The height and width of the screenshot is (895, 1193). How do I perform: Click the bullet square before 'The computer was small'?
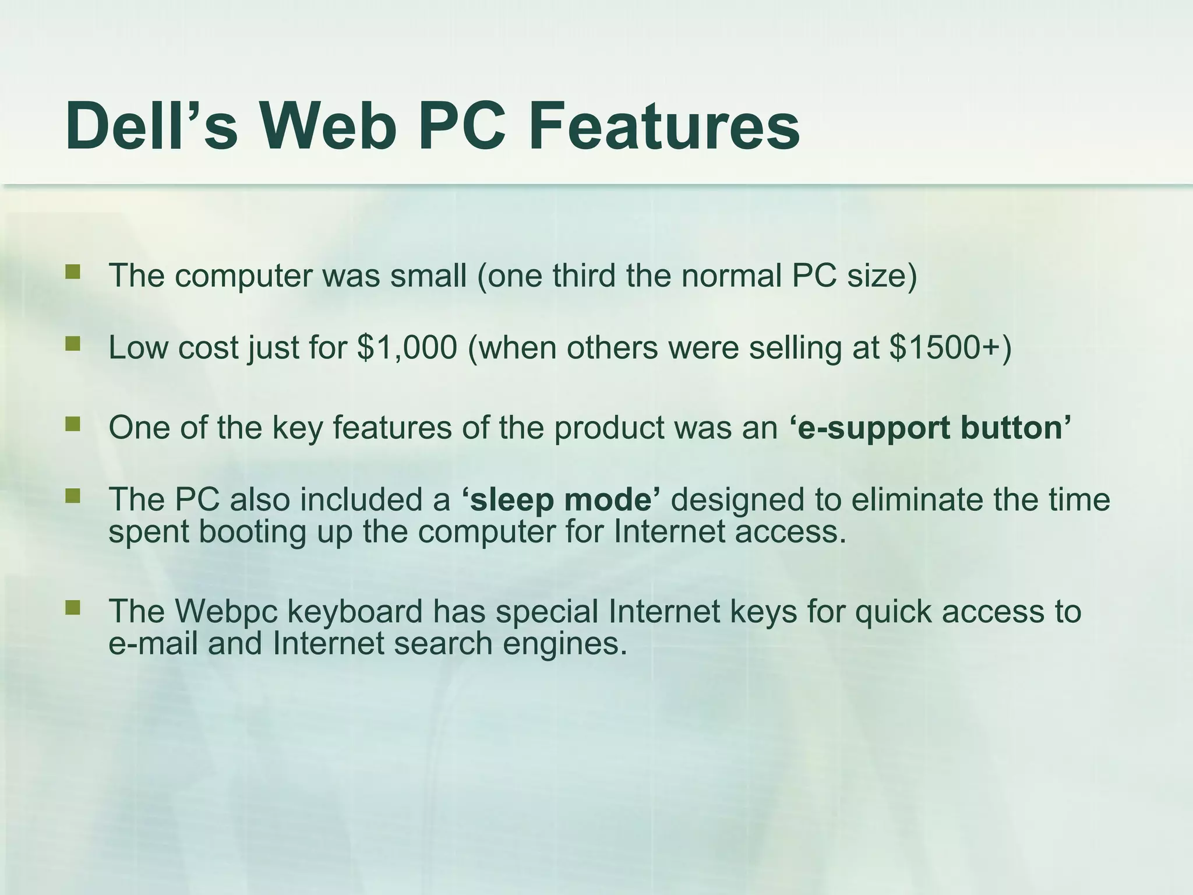[73, 272]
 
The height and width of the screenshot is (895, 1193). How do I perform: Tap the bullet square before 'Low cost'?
[73, 344]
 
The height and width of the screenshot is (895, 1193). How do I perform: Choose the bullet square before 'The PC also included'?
[73, 496]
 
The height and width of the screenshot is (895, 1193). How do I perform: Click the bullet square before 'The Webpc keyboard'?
[73, 608]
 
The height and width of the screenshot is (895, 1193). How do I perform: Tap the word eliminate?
[917, 500]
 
